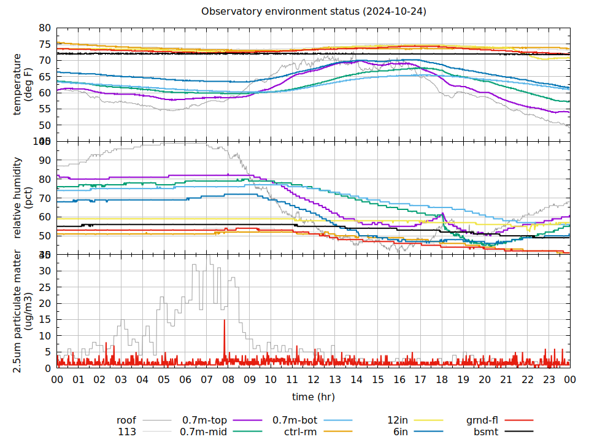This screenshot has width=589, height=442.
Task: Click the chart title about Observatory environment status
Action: (314, 12)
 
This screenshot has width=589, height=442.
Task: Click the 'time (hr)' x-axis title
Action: (313, 397)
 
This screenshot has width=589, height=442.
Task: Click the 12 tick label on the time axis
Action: (314, 380)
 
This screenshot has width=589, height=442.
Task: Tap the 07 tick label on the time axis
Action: (207, 380)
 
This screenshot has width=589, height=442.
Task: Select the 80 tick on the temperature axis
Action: (45, 28)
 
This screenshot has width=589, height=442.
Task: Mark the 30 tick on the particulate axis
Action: (45, 271)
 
